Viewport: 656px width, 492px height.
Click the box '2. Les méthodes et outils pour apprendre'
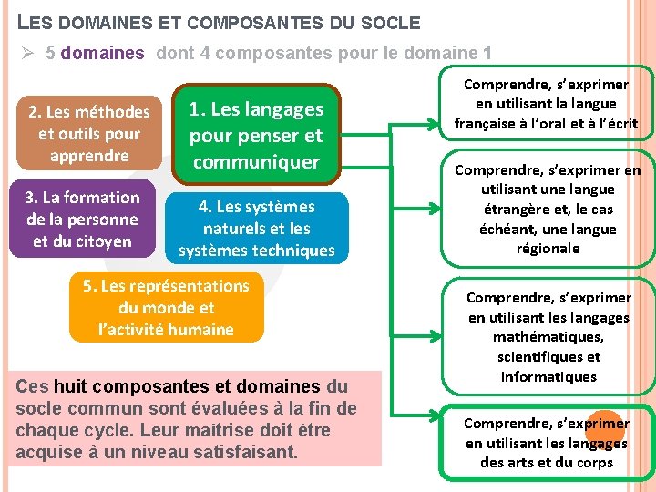(89, 133)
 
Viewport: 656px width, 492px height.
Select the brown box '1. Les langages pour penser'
(256, 135)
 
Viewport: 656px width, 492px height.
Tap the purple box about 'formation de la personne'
(83, 220)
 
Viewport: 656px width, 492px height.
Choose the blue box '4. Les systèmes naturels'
(257, 228)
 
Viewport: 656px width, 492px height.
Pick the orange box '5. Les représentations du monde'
(166, 308)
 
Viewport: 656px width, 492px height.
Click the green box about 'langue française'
(547, 104)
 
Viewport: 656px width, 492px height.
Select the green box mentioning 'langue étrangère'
(547, 210)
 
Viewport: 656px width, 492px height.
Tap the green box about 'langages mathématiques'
(547, 337)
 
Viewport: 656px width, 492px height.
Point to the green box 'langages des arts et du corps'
(547, 443)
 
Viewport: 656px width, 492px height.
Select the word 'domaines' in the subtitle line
(102, 53)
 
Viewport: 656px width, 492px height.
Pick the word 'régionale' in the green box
(548, 248)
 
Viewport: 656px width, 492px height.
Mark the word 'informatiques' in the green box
(548, 376)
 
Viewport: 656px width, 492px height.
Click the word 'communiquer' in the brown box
(256, 162)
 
